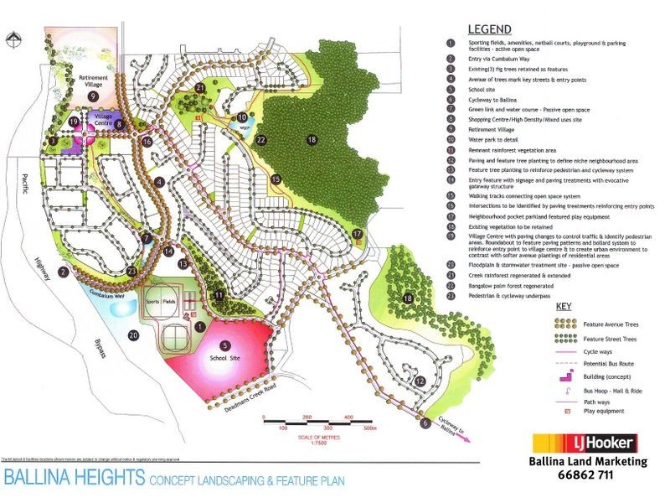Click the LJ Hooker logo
[586, 443]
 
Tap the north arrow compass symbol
[13, 39]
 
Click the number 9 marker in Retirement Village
[94, 96]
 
